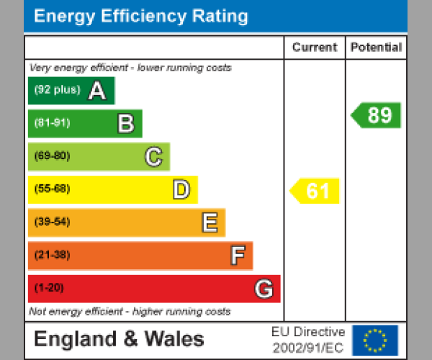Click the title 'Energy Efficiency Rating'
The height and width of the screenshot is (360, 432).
(141, 17)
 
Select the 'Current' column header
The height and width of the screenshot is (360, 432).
(315, 48)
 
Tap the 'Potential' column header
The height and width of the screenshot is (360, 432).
(376, 48)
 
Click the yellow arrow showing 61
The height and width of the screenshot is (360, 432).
(315, 191)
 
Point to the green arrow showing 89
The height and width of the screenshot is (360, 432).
(377, 115)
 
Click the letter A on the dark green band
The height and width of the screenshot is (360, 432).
(96, 91)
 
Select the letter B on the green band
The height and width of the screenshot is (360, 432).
(126, 124)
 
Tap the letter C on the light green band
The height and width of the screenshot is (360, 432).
(153, 157)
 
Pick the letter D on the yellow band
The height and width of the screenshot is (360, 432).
(181, 190)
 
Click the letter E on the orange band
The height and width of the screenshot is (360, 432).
(209, 223)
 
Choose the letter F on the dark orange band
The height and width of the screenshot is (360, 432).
(237, 256)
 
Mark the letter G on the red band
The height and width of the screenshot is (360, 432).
(264, 289)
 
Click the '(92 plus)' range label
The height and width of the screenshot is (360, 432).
(57, 91)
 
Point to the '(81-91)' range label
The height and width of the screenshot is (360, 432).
(52, 123)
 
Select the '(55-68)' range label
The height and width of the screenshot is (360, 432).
(52, 189)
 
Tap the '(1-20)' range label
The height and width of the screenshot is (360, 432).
(49, 288)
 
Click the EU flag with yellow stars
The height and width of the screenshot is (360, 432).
(374, 340)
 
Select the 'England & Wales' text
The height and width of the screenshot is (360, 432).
(119, 340)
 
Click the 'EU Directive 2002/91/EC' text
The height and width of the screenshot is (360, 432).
(308, 340)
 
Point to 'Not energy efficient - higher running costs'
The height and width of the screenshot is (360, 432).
(130, 312)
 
